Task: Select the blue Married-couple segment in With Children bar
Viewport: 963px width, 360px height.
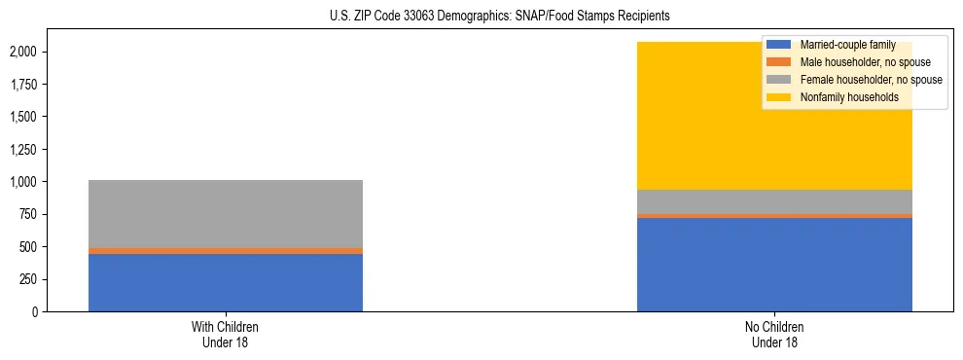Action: pyautogui.click(x=226, y=282)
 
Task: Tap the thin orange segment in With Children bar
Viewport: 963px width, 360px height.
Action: pyautogui.click(x=226, y=251)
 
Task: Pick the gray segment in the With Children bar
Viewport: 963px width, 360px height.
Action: pyautogui.click(x=226, y=214)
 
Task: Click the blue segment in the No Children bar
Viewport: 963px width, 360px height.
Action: pyautogui.click(x=774, y=264)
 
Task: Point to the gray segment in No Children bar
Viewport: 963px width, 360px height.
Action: pyautogui.click(x=774, y=201)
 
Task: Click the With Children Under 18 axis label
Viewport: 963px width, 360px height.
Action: pyautogui.click(x=226, y=335)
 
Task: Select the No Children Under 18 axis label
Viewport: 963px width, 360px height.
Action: pyautogui.click(x=774, y=335)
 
